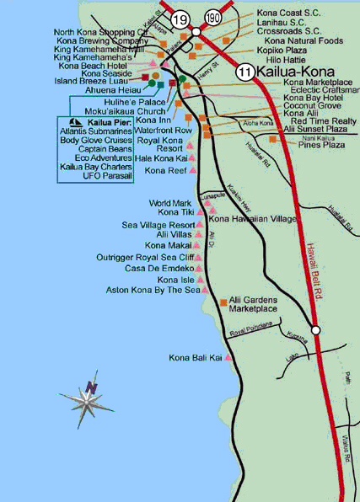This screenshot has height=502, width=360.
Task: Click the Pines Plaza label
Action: (322, 145)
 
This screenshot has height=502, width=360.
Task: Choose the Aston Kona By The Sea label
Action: (151, 290)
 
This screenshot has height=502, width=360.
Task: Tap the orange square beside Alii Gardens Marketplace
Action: (222, 301)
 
